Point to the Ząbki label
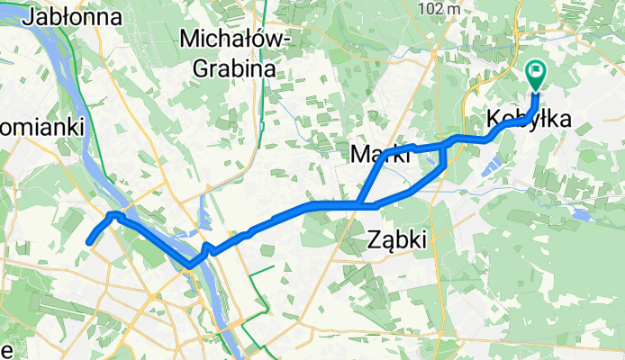click(x=397, y=237)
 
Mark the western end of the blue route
click(x=88, y=242)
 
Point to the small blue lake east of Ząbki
click(x=577, y=216)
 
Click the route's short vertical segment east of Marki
click(x=444, y=154)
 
